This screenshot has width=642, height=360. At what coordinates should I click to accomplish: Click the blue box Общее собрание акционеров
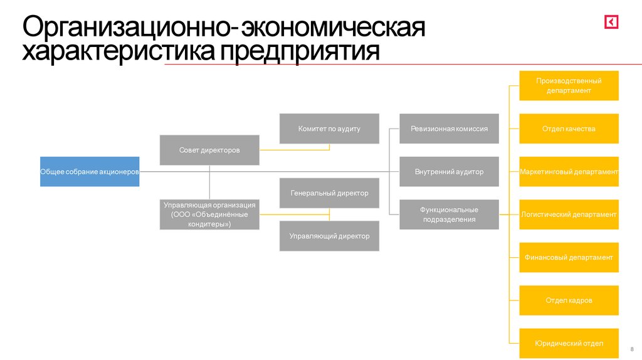point(90,171)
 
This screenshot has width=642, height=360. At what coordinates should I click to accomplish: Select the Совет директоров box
point(209,150)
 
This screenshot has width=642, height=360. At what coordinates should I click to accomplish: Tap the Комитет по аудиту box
point(329,129)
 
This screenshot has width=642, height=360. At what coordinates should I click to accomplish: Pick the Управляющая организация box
point(209,214)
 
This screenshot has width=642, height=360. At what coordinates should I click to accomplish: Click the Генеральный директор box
point(329,193)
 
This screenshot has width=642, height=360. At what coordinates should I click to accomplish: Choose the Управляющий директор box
point(329,236)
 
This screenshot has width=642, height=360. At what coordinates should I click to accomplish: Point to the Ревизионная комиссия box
point(449,129)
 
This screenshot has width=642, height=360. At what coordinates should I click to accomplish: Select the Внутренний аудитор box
point(449,171)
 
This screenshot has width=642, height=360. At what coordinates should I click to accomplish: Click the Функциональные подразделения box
point(449,214)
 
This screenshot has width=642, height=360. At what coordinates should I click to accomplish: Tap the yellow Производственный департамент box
point(569,85)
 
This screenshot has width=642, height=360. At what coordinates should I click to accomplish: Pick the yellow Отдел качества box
point(569,129)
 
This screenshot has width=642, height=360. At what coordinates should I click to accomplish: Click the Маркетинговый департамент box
point(569,171)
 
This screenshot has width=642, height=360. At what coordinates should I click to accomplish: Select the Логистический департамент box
point(569,214)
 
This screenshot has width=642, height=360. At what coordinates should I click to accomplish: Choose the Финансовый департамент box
point(569,257)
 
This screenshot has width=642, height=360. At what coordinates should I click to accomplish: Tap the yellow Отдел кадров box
point(569,300)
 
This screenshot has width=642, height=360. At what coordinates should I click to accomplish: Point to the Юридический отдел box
point(569,343)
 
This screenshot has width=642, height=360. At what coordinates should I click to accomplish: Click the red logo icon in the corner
point(611,22)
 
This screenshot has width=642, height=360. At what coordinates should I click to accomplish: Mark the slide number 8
point(631,348)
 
